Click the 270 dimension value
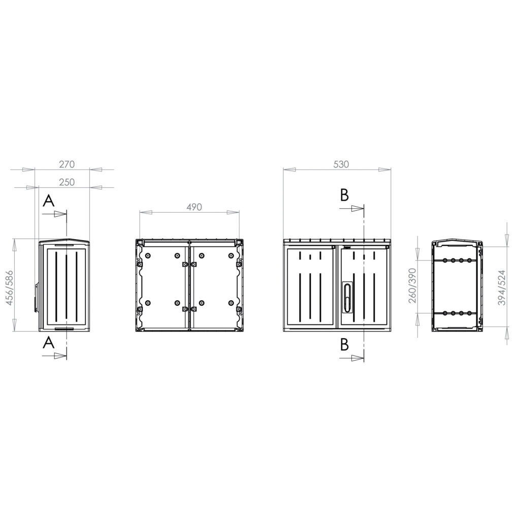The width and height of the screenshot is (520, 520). (x=67, y=164)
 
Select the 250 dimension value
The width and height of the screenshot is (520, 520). (x=67, y=182)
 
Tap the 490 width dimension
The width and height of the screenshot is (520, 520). (x=194, y=207)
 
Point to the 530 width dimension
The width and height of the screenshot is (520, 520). (x=341, y=164)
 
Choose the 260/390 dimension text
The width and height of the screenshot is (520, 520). (x=412, y=285)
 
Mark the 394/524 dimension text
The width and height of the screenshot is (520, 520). (x=502, y=287)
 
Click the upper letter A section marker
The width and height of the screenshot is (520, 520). (x=48, y=201)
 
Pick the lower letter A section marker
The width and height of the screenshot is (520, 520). (x=48, y=343)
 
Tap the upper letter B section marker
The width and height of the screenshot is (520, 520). (x=345, y=195)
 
